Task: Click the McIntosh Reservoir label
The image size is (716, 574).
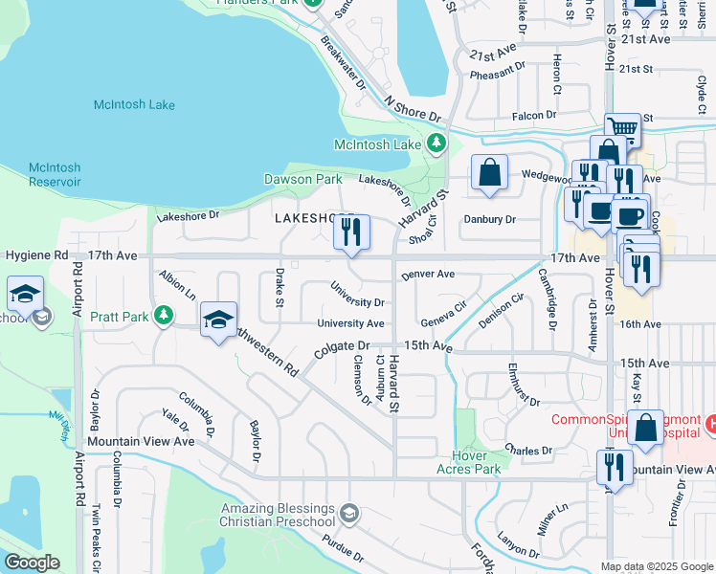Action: click(x=55, y=174)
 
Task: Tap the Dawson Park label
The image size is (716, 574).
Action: click(x=302, y=179)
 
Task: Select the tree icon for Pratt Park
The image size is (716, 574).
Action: click(x=165, y=315)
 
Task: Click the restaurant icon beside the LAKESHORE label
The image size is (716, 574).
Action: click(x=351, y=232)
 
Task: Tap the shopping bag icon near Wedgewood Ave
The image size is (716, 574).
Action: click(x=489, y=174)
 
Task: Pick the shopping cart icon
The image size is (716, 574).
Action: click(x=622, y=128)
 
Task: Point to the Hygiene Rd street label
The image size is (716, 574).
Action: click(x=36, y=256)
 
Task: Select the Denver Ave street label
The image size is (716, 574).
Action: click(x=428, y=274)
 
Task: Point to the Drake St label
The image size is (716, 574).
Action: click(x=280, y=288)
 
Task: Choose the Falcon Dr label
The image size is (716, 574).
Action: click(x=534, y=116)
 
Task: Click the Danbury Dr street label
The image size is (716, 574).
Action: click(x=489, y=219)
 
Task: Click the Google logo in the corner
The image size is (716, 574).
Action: click(x=32, y=563)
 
